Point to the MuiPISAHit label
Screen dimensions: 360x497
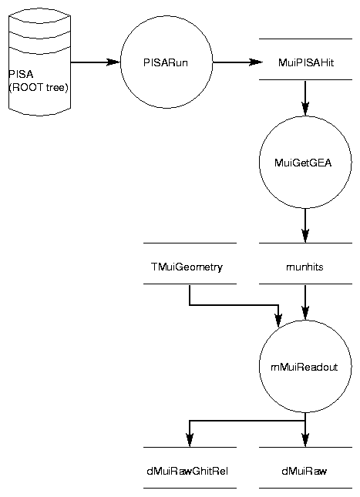tap(306, 62)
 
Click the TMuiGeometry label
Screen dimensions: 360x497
tap(187, 267)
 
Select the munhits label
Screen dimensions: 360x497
tap(304, 267)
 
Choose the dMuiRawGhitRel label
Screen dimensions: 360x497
tap(187, 472)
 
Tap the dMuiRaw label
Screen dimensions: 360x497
tap(304, 472)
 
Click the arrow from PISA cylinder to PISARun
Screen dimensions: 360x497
tap(96, 62)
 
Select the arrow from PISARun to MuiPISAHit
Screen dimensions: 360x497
tap(238, 62)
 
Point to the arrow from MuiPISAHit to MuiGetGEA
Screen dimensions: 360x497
tap(305, 99)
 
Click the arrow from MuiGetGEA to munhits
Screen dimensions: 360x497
tap(305, 226)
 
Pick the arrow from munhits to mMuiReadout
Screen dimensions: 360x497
tap(305, 302)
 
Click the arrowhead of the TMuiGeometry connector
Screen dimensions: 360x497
tap(278, 321)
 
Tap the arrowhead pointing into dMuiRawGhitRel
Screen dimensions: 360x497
tap(190, 440)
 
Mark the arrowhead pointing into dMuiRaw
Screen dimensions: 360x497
tap(305, 440)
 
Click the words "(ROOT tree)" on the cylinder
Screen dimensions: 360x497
tap(39, 88)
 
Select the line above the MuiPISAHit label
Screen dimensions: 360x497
tap(306, 39)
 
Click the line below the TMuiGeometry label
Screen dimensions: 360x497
tap(190, 284)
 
